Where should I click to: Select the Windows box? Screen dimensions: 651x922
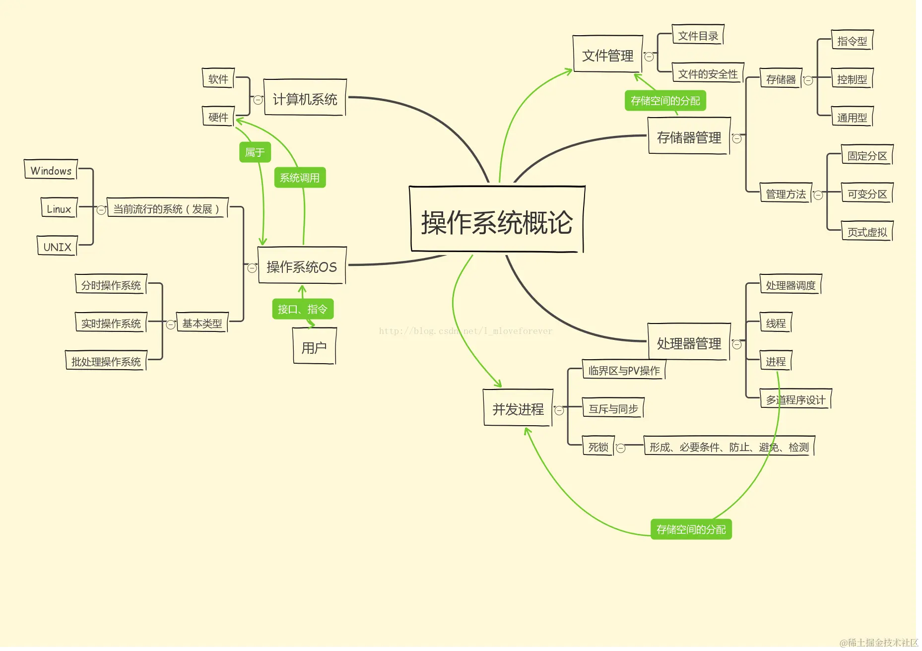[51, 170]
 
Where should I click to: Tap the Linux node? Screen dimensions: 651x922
[59, 208]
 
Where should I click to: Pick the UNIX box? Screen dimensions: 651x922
[57, 246]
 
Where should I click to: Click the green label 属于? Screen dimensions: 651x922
[255, 152]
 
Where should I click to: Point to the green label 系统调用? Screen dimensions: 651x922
[300, 178]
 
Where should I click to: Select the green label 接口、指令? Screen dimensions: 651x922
[303, 309]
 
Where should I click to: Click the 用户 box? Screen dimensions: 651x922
[314, 347]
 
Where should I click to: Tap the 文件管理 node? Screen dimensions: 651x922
[607, 55]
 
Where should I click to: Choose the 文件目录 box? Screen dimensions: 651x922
[698, 36]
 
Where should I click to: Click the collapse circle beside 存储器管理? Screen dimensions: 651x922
[737, 138]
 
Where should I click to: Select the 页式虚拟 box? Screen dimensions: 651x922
[867, 232]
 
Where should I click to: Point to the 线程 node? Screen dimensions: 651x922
[776, 323]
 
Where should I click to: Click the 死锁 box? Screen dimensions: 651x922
[598, 447]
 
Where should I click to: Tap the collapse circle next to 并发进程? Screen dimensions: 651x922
[559, 410]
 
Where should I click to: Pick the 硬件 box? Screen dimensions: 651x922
[218, 117]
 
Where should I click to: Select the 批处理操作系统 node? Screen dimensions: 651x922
[106, 361]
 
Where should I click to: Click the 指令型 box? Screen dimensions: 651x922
[852, 41]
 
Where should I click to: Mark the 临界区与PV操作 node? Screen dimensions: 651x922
[624, 370]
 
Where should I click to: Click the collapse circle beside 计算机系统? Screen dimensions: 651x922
[258, 100]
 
